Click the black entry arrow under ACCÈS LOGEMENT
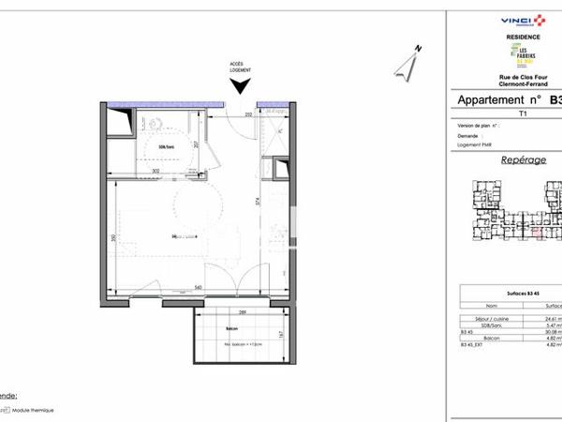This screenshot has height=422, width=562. point(241,86)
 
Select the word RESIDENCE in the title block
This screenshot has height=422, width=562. point(524,37)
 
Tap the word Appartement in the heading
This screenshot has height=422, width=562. point(495,100)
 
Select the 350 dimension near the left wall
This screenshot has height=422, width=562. point(113,238)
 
